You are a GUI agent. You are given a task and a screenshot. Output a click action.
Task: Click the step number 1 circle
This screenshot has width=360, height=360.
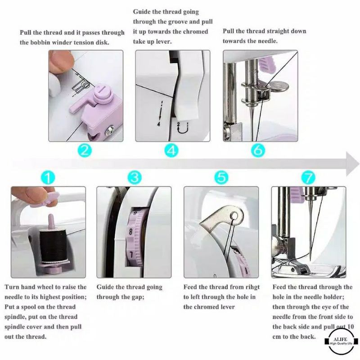48,177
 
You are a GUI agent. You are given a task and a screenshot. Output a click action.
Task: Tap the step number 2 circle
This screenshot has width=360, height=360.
85,150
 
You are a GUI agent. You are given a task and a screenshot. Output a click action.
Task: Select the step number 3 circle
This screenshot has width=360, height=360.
135,177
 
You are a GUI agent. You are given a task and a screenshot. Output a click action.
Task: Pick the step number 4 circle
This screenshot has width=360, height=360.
171,150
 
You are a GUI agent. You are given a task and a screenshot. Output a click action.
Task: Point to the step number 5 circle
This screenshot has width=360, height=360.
221,177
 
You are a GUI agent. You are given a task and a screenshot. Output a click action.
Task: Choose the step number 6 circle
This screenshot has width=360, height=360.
258,150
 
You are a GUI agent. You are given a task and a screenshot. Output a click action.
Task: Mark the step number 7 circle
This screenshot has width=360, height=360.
308,177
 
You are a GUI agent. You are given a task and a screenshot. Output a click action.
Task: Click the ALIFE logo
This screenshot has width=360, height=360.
342,341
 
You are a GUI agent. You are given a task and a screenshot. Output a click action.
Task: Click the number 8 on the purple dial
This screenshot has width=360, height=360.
130,231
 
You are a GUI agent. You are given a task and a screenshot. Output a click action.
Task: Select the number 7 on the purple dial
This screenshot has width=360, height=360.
131,255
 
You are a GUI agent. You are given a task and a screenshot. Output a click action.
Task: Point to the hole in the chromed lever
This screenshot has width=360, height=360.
234,216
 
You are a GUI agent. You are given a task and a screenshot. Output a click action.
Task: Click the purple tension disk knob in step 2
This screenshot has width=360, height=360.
103,93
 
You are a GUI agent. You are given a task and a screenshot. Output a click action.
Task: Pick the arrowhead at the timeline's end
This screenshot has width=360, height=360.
352,164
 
